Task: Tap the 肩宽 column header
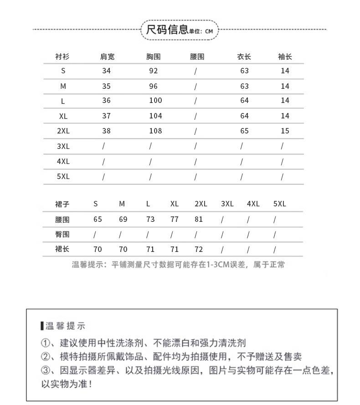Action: coord(107,57)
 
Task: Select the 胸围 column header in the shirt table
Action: coord(154,57)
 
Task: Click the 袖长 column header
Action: coord(285,57)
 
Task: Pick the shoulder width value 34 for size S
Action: coord(107,71)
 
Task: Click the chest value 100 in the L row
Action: coord(155,101)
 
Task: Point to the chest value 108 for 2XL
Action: coord(155,131)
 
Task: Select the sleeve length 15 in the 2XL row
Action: coord(285,131)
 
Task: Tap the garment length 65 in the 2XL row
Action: coord(244,131)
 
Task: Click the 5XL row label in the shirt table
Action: coord(63,176)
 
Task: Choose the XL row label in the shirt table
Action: coord(63,116)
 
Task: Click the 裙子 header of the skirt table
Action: coord(62,204)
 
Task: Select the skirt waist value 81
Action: coord(199,219)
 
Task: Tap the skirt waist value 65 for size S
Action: coord(98,219)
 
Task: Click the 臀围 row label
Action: coord(62,235)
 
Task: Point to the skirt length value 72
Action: coord(199,250)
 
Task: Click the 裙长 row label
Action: coord(62,250)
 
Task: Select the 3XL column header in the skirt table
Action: coord(227,204)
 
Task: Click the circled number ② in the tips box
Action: coord(45,357)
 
